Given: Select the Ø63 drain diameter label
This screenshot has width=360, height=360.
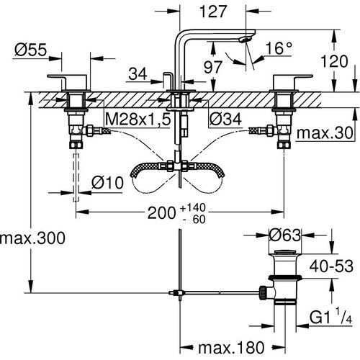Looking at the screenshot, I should (284, 234).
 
